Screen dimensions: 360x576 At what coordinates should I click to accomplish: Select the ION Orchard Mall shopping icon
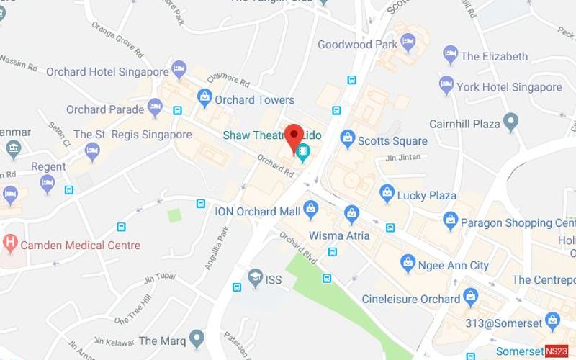click(311, 210)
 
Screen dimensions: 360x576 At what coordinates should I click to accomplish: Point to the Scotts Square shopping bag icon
click(348, 137)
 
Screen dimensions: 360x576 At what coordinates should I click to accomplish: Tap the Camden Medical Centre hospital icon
click(10, 242)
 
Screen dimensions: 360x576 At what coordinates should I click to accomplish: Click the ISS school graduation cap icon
click(254, 277)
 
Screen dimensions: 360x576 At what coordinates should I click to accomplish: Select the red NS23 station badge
click(557, 351)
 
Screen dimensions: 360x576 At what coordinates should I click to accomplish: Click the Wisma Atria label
click(339, 235)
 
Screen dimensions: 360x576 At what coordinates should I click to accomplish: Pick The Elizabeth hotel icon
click(450, 54)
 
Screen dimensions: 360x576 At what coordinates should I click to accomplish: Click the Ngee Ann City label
click(454, 266)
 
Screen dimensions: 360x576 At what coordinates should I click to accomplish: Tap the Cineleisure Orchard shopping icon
click(471, 295)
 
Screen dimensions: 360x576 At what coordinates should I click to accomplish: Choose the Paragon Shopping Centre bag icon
click(450, 220)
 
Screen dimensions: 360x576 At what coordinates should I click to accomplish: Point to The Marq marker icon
click(198, 337)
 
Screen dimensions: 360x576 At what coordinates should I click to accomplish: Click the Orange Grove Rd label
click(117, 41)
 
